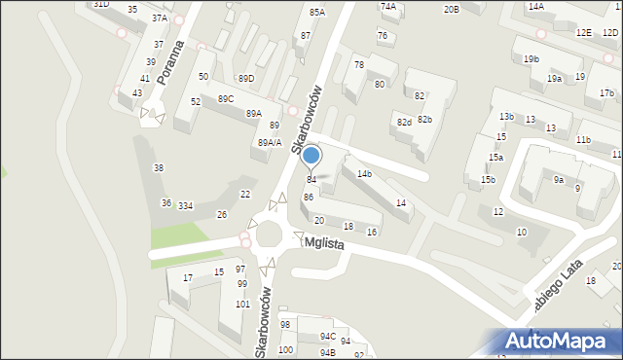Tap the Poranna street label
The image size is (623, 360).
click(176, 63)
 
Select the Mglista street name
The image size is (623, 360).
click(324, 243)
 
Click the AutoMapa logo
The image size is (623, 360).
click(561, 342)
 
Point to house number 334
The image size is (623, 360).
click(185, 205)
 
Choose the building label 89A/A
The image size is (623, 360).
click(270, 143)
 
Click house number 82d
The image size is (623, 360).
click(404, 122)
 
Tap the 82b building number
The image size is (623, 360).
click(425, 119)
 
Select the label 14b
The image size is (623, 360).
click(364, 174)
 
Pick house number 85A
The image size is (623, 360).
click(316, 12)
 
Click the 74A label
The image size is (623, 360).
click(388, 6)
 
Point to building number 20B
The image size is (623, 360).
click(451, 10)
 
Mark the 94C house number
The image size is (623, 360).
click(328, 337)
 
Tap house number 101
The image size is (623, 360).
click(242, 305)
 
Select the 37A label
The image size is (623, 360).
click(160, 18)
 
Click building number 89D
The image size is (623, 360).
click(246, 79)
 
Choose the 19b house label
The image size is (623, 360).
click(531, 59)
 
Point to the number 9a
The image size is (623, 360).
click(559, 180)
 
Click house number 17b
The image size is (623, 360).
click(606, 93)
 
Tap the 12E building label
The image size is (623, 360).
click(583, 33)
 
